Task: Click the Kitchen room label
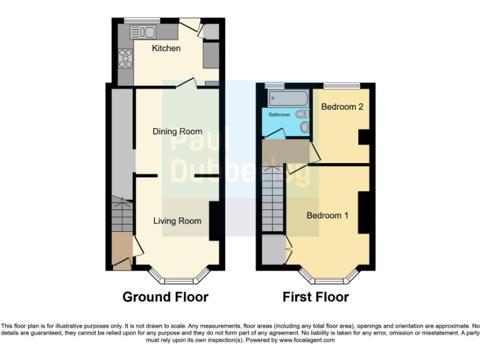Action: pyautogui.click(x=166, y=48)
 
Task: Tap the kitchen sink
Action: pyautogui.click(x=143, y=32)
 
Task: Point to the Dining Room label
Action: pyautogui.click(x=177, y=131)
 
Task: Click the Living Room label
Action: pyautogui.click(x=177, y=221)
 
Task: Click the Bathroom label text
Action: pyautogui.click(x=279, y=115)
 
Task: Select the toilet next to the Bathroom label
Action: pyautogui.click(x=303, y=114)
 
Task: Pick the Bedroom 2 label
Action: pyautogui.click(x=342, y=107)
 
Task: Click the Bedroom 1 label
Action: pyautogui.click(x=327, y=216)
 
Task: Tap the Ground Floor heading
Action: pyautogui.click(x=165, y=297)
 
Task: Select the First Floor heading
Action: pyautogui.click(x=316, y=297)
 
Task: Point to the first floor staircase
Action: pyautogui.click(x=273, y=200)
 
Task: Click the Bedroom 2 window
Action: pyautogui.click(x=342, y=84)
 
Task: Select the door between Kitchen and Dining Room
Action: pyautogui.click(x=187, y=84)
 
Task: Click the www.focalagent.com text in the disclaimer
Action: pyautogui.click(x=307, y=341)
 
